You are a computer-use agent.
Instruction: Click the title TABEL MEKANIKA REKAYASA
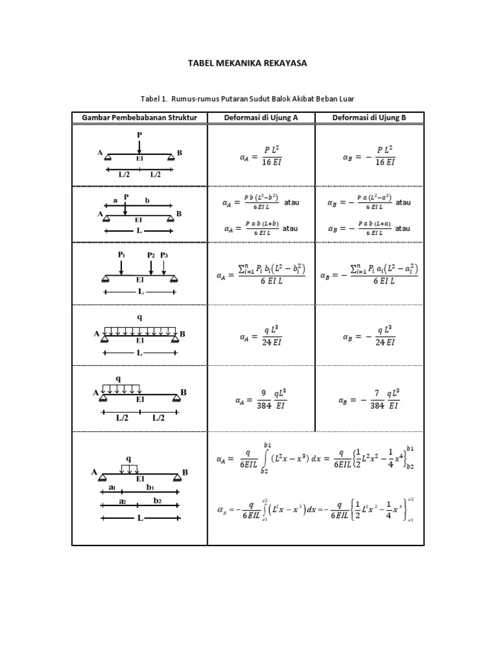tap(247, 63)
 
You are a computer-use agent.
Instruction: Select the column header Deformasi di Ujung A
tap(261, 117)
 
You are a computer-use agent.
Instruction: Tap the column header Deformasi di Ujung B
tap(369, 117)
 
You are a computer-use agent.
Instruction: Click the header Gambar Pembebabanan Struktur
tap(139, 117)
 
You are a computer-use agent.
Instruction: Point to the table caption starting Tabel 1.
tap(247, 98)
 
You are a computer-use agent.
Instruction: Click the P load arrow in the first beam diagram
tap(139, 145)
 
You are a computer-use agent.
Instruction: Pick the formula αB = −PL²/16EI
tap(369, 156)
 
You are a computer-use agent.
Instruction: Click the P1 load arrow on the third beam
tap(121, 267)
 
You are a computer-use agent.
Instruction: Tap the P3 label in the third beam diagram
tap(164, 255)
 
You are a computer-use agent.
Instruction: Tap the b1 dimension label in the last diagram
tap(150, 487)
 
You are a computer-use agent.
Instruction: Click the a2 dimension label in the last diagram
tap(121, 501)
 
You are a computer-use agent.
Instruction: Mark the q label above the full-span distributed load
tap(139, 317)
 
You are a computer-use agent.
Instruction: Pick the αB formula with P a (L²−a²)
tap(362, 203)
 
